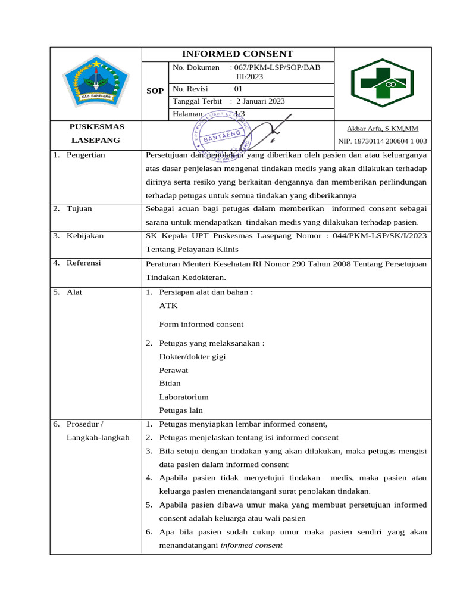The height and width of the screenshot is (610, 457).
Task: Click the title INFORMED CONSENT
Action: tap(237, 54)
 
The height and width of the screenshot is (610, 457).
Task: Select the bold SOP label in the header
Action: tap(155, 91)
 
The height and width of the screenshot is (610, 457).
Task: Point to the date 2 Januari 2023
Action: tap(261, 101)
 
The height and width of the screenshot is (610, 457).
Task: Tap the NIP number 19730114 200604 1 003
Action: tap(382, 141)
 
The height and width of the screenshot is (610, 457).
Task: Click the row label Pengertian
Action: tap(86, 155)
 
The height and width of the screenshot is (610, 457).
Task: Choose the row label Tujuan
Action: tap(79, 208)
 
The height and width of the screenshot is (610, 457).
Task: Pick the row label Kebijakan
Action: tap(84, 235)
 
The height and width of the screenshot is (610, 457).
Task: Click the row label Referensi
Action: tap(83, 263)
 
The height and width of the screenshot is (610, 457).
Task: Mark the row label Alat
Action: tap(74, 292)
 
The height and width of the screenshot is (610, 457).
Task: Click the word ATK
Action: tap(168, 306)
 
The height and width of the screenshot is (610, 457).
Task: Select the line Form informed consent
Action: tap(201, 325)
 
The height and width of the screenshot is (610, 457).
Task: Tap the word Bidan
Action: tap(170, 383)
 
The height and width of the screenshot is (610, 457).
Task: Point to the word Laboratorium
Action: tap(184, 397)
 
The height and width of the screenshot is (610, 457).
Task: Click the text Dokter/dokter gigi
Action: tap(192, 357)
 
